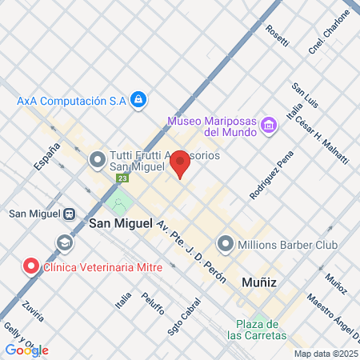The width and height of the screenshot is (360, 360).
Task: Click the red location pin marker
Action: click(x=180, y=163)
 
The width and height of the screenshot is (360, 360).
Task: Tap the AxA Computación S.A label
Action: click(x=72, y=100)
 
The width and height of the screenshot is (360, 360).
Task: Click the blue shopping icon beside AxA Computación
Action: click(x=138, y=100)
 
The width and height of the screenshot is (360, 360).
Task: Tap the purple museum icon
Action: click(x=270, y=125)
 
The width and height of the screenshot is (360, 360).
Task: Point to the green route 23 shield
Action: click(x=120, y=178)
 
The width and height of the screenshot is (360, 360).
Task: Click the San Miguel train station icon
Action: click(x=70, y=214)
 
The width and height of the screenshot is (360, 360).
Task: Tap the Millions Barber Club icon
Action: click(x=226, y=242)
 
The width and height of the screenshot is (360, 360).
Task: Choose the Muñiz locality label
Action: click(x=258, y=281)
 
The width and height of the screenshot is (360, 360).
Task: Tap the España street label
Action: click(x=47, y=158)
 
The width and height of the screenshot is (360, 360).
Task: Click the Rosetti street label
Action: click(x=278, y=36)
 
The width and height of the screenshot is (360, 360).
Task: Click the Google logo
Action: click(x=26, y=350)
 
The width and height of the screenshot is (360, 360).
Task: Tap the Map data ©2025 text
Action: click(x=325, y=354)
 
